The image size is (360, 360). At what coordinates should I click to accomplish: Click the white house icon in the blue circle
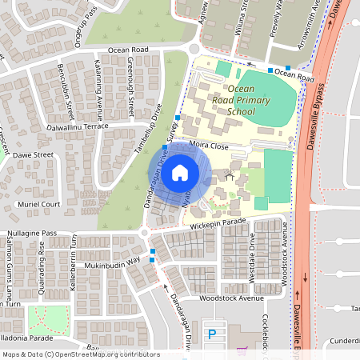click(180, 171)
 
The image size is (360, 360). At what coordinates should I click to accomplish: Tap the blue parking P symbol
click(212, 334)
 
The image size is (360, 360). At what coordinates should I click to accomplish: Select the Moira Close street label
click(210, 145)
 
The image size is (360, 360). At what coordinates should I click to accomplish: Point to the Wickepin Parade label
click(216, 224)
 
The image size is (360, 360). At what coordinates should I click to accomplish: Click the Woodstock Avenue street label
click(231, 298)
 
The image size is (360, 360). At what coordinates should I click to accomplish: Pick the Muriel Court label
click(39, 204)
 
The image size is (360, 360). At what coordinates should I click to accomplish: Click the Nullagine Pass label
click(28, 233)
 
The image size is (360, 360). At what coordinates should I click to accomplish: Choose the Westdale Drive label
click(254, 264)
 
